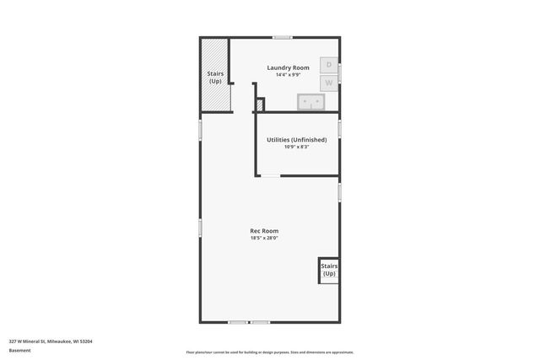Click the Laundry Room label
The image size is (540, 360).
click(288, 67)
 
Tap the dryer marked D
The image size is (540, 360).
click(329, 65)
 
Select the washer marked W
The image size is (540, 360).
click(329, 83)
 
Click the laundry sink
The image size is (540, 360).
click(311, 103)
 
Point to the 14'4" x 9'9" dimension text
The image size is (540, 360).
click(288, 75)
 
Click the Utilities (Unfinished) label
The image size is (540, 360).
click(296, 139)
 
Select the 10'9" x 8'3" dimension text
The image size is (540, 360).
click(296, 148)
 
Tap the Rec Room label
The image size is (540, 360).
click(264, 230)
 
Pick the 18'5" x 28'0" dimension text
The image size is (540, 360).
click(264, 238)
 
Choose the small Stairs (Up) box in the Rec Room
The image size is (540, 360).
click(329, 270)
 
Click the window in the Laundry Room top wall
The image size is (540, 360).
click(283, 37)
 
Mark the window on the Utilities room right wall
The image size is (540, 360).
click(339, 126)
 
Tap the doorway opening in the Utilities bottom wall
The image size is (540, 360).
click(270, 175)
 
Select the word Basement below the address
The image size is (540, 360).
click(20, 350)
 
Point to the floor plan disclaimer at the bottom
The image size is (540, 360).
click(270, 352)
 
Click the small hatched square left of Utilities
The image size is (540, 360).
click(260, 105)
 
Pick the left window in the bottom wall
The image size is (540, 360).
click(238, 322)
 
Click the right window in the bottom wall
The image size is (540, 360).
click(260, 322)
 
